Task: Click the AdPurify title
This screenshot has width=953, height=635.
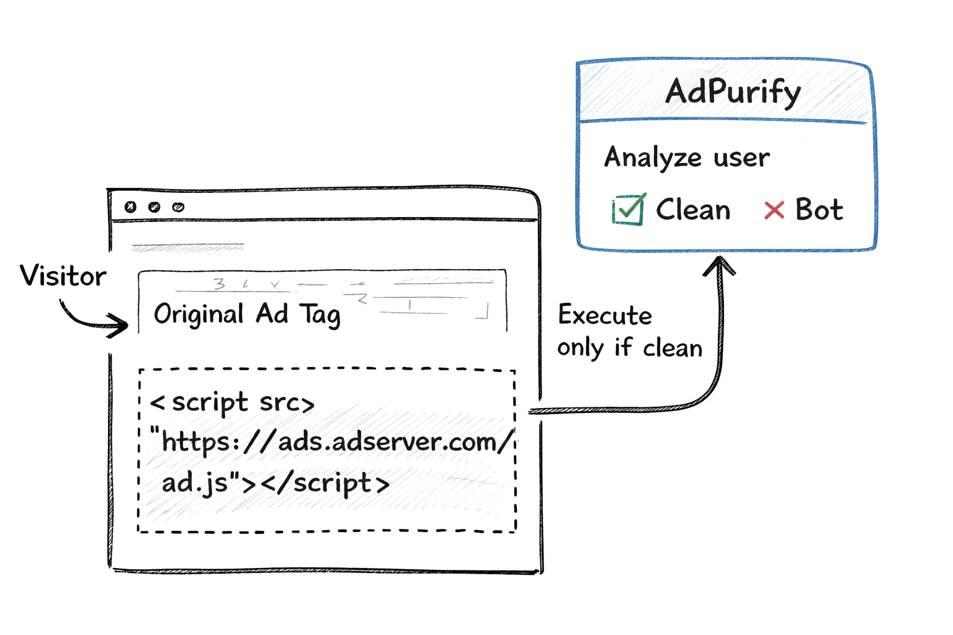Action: [733, 92]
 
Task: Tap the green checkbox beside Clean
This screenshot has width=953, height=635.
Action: [628, 210]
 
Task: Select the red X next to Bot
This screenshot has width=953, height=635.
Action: [774, 210]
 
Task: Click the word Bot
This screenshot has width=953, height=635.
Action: [819, 210]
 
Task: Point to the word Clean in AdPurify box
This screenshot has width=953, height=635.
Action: [693, 210]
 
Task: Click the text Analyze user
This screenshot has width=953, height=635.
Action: [687, 158]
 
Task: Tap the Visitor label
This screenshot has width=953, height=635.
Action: [63, 276]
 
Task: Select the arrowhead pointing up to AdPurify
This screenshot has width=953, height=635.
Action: [719, 265]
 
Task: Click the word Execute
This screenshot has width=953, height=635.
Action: [605, 315]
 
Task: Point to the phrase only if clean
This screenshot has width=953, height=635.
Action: [629, 348]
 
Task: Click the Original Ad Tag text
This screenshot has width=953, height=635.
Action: [247, 314]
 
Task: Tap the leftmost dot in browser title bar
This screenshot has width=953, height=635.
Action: [130, 207]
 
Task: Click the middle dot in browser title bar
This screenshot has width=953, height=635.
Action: [154, 207]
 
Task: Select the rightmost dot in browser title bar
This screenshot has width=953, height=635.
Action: [178, 207]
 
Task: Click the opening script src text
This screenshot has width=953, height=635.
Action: [233, 403]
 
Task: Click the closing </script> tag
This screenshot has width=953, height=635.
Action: [325, 483]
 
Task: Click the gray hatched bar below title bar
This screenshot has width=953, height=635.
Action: [188, 247]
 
